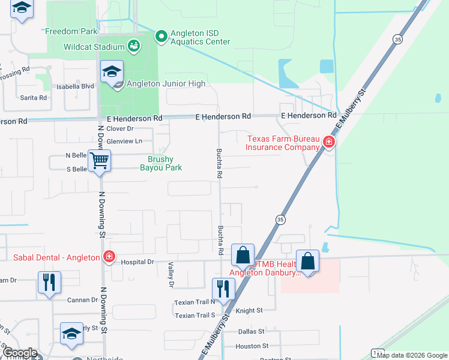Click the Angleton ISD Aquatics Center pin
coord(161,37)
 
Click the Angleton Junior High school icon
coord(112,72)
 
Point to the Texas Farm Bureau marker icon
coord(328,142)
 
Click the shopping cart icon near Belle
coord(99,160)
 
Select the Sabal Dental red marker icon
coord(109,257)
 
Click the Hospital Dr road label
coord(137,262)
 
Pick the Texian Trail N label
coord(194,302)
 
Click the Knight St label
coord(249,311)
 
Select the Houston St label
coord(252,346)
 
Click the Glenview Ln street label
coord(124,141)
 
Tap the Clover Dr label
coord(119,128)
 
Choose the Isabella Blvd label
coord(75,86)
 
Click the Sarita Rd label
coord(34,97)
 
